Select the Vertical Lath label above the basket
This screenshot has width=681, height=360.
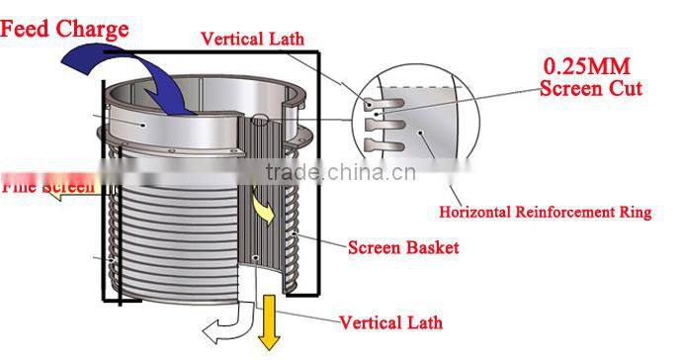[252, 40]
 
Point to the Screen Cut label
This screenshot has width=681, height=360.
[591, 88]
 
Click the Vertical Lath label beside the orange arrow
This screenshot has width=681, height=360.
[390, 321]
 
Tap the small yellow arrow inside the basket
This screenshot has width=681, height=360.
[263, 209]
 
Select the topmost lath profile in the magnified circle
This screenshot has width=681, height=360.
[375, 102]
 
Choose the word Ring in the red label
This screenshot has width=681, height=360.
[633, 213]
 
